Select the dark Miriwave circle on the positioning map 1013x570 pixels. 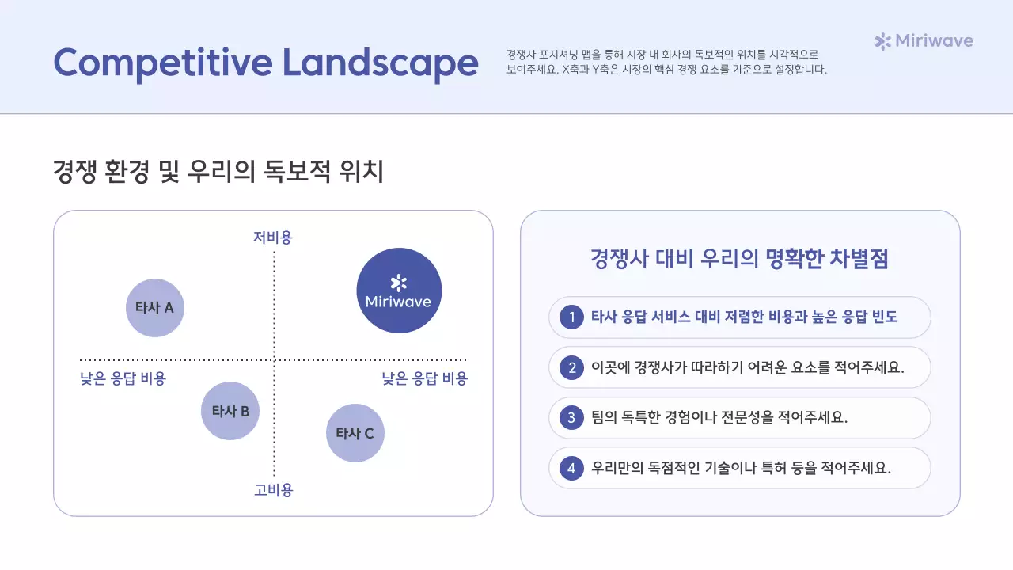(x=399, y=291)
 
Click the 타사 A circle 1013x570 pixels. (x=155, y=308)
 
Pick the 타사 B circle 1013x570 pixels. (x=230, y=411)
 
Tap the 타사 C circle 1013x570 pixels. (x=355, y=433)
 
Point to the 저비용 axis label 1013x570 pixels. (x=273, y=237)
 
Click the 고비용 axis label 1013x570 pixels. (x=274, y=490)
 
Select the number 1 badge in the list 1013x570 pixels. (x=571, y=317)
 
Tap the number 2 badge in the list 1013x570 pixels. (x=571, y=367)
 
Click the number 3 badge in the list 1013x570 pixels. (x=571, y=418)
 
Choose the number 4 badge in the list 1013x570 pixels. (x=571, y=468)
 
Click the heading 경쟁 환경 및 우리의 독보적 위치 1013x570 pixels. (x=218, y=171)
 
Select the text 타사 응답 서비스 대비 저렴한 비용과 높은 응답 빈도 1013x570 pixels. (x=745, y=317)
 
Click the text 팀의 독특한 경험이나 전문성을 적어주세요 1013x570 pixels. (x=719, y=418)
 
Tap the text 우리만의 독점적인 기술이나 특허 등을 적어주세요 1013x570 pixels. (x=741, y=468)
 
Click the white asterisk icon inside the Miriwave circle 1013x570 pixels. (x=399, y=283)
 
